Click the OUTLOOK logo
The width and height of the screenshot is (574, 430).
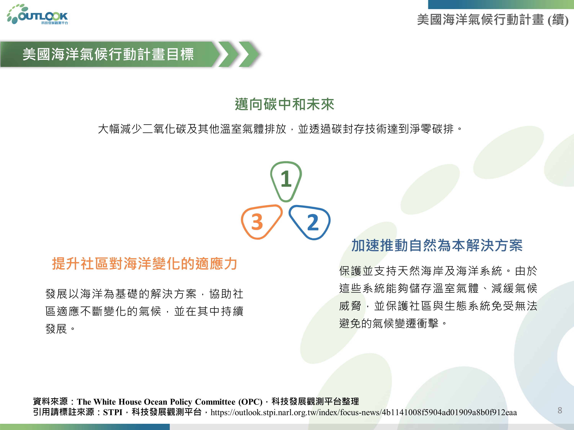click(38, 15)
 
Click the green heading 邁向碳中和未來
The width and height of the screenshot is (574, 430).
click(284, 105)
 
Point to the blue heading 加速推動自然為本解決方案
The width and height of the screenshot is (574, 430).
click(437, 245)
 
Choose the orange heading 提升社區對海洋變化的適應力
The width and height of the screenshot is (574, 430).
click(144, 264)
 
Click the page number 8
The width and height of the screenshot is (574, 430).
click(560, 410)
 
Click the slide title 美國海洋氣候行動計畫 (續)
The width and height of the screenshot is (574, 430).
click(492, 20)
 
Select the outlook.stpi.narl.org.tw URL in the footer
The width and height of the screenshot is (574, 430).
click(364, 412)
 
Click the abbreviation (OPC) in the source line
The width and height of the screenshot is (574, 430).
click(252, 402)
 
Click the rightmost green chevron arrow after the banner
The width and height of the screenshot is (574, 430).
click(249, 54)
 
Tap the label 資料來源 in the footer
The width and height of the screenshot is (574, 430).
click(50, 402)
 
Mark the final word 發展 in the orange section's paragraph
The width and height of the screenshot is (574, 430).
click(56, 329)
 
